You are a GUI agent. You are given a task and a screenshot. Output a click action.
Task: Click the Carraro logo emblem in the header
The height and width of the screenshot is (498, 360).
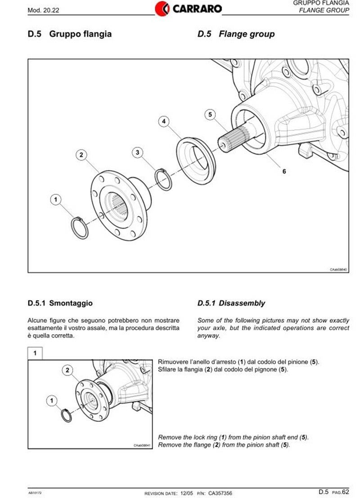[162, 8]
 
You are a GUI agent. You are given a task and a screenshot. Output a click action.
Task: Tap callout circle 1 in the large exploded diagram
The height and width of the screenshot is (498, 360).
[55, 198]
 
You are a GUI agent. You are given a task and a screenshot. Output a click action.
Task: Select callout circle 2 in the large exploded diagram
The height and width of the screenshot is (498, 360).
[81, 155]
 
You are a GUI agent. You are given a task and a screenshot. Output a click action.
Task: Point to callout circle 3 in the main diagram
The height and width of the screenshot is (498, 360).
[138, 153]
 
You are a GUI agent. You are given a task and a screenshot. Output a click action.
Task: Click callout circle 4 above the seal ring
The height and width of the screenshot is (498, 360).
[164, 121]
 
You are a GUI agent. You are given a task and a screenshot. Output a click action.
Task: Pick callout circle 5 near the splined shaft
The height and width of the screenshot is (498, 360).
[210, 114]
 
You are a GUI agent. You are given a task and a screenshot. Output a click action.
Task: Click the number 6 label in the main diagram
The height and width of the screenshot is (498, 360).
[284, 171]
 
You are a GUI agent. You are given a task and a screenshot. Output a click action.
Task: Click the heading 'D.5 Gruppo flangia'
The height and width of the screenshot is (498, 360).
[69, 34]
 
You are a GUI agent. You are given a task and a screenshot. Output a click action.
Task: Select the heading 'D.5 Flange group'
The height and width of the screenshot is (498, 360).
[236, 34]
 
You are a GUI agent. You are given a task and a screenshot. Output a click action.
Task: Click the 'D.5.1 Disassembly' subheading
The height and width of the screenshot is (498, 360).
[231, 303]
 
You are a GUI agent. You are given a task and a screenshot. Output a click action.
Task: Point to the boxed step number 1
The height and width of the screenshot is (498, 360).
[35, 353]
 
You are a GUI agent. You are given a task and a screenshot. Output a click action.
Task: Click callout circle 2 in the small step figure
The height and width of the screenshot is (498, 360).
[67, 370]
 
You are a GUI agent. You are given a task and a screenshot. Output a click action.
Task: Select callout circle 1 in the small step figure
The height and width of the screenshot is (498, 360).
[52, 399]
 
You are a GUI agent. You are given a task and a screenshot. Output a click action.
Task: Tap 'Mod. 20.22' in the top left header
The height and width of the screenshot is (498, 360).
[41, 9]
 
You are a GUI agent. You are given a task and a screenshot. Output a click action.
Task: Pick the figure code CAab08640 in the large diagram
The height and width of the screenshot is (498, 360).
[338, 269]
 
